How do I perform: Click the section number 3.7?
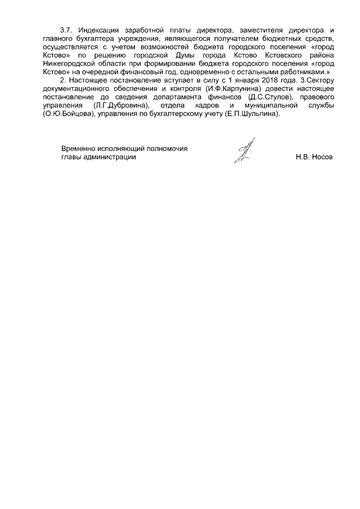[67, 29]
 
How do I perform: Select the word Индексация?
[99, 29]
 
